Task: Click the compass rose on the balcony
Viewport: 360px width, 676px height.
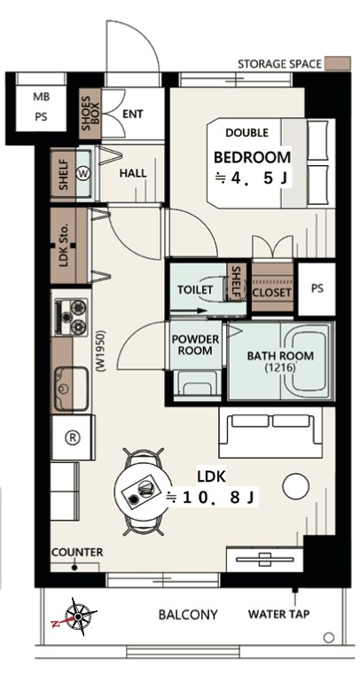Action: point(78,617)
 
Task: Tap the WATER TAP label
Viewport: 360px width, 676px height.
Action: point(278,614)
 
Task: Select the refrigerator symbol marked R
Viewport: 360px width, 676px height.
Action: point(73,437)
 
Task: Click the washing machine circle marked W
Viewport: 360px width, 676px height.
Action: point(82,173)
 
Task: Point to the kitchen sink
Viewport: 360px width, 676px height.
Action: point(72,389)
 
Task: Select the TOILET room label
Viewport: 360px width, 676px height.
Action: point(195,290)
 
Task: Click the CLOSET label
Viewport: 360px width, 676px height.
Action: point(271,292)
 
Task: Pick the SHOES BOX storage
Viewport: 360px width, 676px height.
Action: point(90,114)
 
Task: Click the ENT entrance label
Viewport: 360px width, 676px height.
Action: point(133,114)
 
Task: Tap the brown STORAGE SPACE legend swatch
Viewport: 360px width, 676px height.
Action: point(338,63)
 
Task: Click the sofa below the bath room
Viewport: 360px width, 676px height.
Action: point(270,432)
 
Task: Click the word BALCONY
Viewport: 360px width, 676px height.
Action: point(188,615)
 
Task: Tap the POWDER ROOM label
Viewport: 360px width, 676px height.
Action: point(195,345)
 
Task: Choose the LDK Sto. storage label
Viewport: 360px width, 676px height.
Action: point(64,246)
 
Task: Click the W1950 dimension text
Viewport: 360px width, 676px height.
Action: point(102,351)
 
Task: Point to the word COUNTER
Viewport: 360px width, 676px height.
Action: point(77,553)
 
